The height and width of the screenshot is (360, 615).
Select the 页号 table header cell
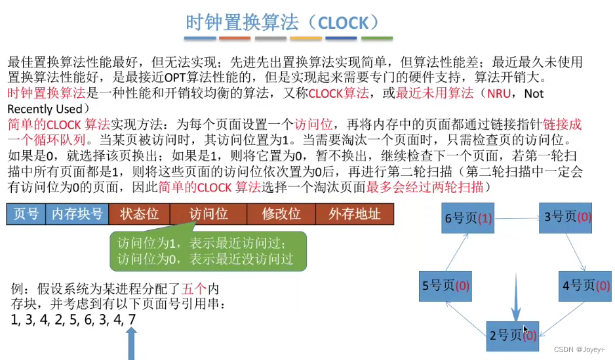tap(26, 214)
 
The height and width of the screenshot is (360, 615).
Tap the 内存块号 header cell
tap(77, 214)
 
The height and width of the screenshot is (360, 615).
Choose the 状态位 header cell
tap(140, 214)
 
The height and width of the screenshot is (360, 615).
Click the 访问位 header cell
tap(208, 214)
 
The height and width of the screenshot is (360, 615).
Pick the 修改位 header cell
tap(281, 214)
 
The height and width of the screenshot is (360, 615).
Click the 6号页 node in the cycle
tap(467, 217)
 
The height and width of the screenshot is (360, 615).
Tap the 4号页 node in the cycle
tap(585, 285)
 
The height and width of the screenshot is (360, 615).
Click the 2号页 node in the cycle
tap(512, 335)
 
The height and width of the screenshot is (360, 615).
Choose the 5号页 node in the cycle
tap(445, 286)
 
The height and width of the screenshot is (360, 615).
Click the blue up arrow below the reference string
tap(132, 344)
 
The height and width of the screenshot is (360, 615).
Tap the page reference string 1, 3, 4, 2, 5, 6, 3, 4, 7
tap(73, 320)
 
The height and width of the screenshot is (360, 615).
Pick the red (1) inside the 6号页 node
tap(485, 218)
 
